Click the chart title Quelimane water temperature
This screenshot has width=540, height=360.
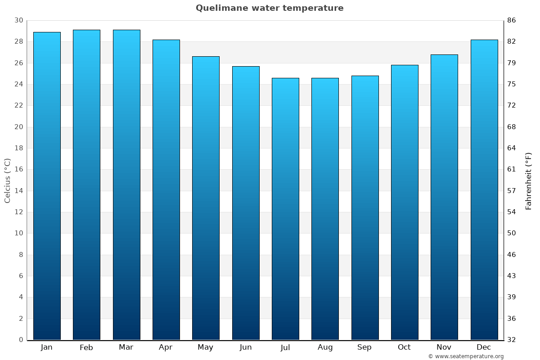coord(270,8)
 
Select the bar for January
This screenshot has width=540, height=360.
coord(47,185)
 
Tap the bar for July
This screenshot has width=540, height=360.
coord(285,209)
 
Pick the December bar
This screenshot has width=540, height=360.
coord(484,189)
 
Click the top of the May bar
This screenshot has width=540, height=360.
coord(206,57)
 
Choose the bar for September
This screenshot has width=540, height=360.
coord(365,207)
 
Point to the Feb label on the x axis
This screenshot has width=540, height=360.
coord(86,347)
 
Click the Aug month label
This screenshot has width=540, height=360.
coord(325,347)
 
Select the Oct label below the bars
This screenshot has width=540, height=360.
coord(404,347)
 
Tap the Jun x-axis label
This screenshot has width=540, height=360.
coord(246,347)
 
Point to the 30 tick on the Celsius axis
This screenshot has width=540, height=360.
coord(18,20)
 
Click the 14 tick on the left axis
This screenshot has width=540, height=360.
coord(18,191)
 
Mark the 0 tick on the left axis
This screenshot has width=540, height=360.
coord(21,340)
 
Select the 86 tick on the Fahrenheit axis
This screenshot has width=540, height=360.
coord(511,20)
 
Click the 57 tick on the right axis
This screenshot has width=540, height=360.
coord(511,191)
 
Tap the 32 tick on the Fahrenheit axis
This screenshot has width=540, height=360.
coord(511,340)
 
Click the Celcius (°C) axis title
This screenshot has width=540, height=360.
coord(7,180)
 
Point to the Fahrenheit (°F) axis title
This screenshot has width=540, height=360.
coord(528,180)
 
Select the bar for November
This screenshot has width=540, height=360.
coord(444,197)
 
